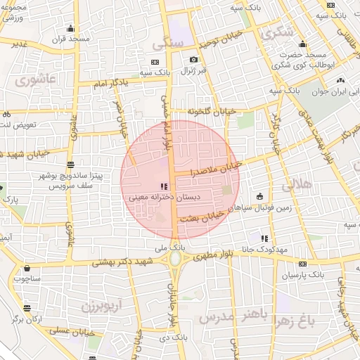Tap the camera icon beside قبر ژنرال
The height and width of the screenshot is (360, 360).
click(193, 60)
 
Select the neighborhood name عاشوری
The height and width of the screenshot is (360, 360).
click(32, 79)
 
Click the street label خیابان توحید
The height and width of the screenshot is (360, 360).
click(219, 39)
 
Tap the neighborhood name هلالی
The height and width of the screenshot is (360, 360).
click(295, 186)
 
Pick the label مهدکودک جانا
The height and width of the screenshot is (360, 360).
click(280, 250)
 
